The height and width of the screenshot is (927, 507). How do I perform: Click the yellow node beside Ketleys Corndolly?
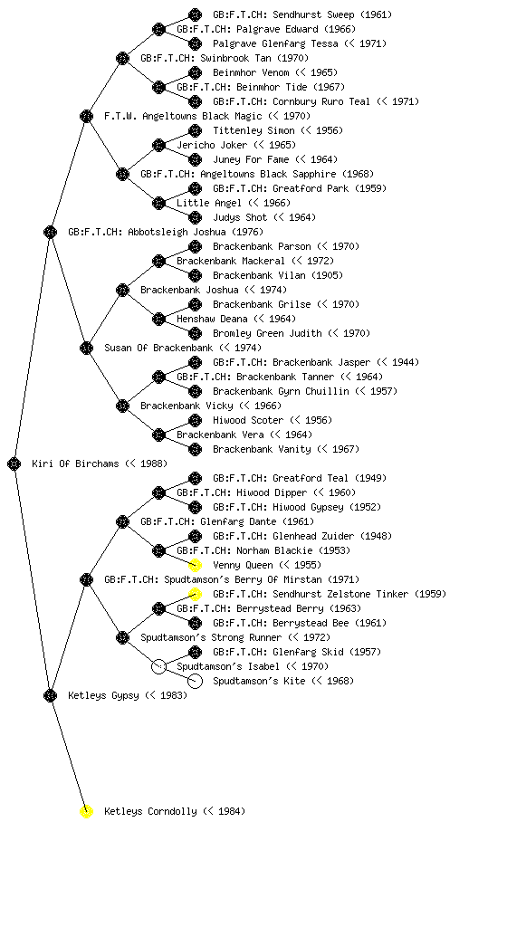(86, 811)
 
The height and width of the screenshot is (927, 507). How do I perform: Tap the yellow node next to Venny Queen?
(195, 565)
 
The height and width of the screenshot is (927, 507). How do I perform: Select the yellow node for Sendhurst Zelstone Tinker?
(195, 594)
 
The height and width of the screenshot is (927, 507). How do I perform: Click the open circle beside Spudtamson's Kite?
(195, 681)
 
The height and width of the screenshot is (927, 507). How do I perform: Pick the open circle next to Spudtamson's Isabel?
(158, 666)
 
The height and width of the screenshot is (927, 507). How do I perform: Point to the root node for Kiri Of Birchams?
(14, 463)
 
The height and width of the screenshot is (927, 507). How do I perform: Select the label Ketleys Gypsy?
(103, 695)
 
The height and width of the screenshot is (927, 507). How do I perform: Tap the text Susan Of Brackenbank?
(158, 348)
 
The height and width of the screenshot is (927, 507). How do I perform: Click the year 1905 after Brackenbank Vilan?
(328, 275)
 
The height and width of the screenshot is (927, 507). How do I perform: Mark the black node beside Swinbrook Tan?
(122, 58)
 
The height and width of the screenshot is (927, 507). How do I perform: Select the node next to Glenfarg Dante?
(122, 521)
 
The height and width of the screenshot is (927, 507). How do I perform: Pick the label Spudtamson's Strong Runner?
(211, 637)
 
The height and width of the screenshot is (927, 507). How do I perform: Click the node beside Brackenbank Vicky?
(122, 406)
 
